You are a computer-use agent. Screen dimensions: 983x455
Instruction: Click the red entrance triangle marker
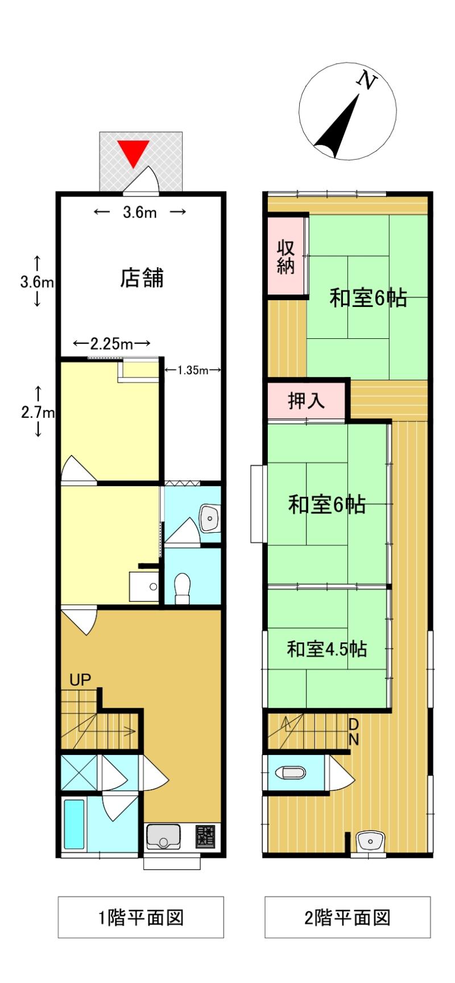pos(133,152)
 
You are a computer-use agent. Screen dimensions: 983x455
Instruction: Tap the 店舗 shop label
pos(142,278)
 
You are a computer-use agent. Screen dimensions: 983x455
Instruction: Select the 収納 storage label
pos(286,257)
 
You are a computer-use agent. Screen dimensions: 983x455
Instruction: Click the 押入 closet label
pos(306,401)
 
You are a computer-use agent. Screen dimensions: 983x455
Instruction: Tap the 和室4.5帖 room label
pos(326,649)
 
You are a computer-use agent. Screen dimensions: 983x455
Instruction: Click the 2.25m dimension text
pos(111,344)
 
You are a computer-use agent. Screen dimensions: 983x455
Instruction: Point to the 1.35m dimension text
pos(192,371)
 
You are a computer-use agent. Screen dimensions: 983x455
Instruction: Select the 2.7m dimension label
pos(37,412)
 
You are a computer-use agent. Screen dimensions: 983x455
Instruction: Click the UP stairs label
pos(80,680)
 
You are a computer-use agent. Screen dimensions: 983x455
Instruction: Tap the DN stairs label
pos(353,732)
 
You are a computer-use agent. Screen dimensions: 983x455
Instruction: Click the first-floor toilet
pos(182,587)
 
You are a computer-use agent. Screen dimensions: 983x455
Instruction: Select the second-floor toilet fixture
pos(289,773)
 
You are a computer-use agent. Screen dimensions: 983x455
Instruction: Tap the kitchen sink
pos(163,837)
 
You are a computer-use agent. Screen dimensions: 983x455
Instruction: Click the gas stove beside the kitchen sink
pos(205,836)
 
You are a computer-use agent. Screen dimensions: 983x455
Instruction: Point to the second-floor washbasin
pos(370,841)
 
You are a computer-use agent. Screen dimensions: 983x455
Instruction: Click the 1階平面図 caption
pos(141,917)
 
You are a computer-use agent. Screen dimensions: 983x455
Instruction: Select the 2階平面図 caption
pos(348,917)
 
